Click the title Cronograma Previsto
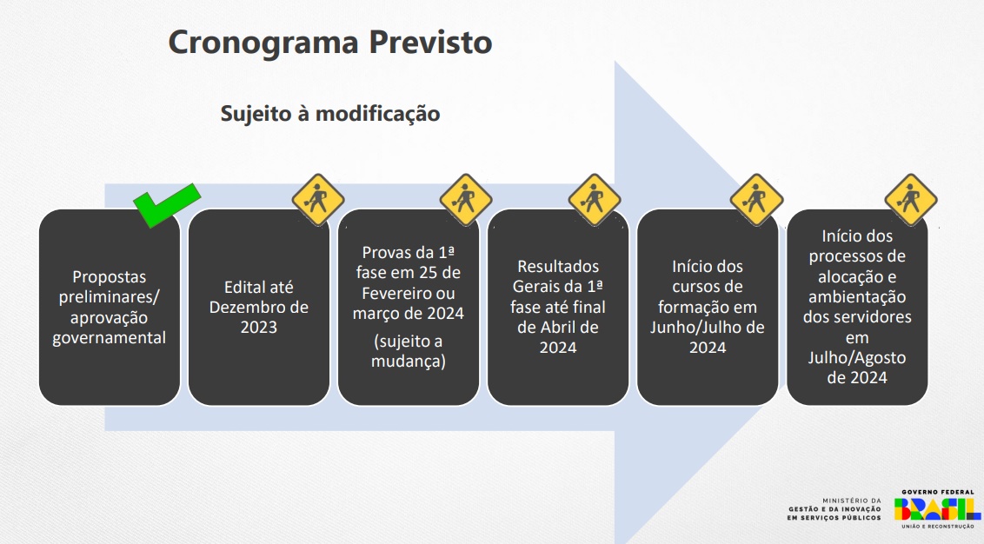click(329, 42)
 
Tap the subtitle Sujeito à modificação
click(329, 114)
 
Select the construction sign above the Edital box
click(316, 199)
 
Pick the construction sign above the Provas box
click(466, 199)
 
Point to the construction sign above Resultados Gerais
click(595, 199)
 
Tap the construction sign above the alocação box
click(910, 199)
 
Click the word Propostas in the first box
click(109, 277)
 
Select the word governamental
click(109, 338)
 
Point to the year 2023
click(259, 328)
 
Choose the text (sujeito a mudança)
click(408, 351)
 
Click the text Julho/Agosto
click(857, 357)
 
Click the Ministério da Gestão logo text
click(834, 509)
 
